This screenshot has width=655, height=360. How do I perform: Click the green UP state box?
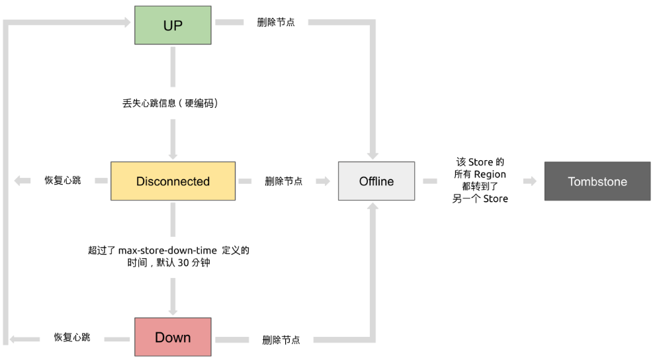(173, 25)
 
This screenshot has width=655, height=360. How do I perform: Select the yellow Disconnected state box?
(173, 181)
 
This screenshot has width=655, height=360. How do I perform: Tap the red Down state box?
(173, 337)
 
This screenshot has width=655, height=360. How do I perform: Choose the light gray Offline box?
(376, 181)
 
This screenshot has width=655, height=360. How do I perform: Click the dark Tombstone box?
(597, 181)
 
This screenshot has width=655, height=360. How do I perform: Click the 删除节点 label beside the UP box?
(276, 22)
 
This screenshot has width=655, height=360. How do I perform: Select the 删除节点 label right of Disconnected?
(284, 181)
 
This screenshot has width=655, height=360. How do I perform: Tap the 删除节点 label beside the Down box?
(281, 339)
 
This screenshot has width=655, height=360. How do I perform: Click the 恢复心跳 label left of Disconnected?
(63, 180)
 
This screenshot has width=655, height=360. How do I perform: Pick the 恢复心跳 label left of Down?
(72, 337)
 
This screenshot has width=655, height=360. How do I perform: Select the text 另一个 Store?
(480, 199)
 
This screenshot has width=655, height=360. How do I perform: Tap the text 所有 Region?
(480, 174)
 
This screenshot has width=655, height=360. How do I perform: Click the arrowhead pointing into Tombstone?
(530, 181)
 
